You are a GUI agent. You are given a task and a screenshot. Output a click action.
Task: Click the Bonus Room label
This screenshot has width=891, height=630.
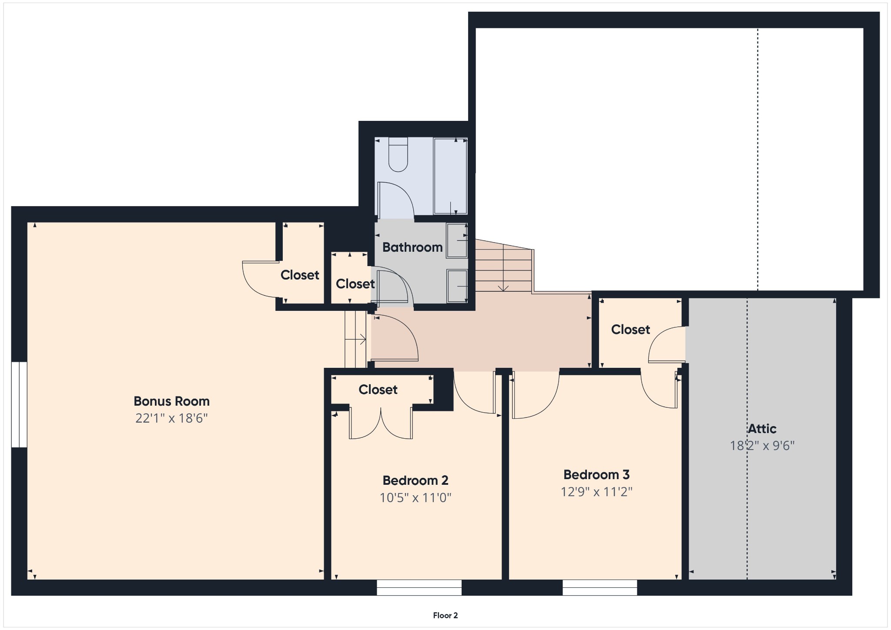tap(171, 401)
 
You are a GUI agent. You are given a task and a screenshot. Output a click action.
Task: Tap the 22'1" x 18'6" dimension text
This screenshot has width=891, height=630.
tap(171, 418)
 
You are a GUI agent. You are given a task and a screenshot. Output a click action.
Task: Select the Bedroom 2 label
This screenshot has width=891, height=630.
tap(415, 480)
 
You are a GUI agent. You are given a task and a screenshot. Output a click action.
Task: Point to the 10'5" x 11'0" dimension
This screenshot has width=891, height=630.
tap(415, 497)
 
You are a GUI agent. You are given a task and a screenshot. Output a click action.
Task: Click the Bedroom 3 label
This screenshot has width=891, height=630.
tap(596, 474)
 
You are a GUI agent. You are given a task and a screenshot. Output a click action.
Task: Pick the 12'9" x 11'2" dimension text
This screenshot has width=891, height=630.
tap(596, 492)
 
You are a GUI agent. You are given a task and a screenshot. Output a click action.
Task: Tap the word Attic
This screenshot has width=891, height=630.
tap(762, 429)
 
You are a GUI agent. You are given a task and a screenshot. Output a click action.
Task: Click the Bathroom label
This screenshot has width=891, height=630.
tap(412, 247)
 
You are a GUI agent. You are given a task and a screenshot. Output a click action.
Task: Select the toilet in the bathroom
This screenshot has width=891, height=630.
tap(398, 154)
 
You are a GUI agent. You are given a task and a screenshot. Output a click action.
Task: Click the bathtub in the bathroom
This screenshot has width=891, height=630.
tap(450, 176)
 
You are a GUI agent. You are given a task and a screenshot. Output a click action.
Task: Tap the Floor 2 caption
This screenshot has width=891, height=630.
tap(445, 615)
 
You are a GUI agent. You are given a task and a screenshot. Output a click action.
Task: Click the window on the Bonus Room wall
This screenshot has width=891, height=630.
tap(19, 404)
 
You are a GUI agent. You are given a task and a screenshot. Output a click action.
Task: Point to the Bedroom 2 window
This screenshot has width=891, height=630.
tap(419, 587)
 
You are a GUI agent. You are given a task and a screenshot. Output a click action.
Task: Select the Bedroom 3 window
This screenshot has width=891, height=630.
tap(600, 587)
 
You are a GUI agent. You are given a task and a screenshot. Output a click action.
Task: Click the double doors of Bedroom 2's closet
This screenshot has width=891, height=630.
tap(381, 423)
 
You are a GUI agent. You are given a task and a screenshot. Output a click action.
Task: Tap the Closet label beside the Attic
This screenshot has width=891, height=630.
tap(630, 330)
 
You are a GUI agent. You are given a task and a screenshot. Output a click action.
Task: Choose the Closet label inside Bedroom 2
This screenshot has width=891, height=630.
tap(378, 390)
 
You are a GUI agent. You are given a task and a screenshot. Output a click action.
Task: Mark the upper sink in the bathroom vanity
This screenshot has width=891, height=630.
tap(457, 240)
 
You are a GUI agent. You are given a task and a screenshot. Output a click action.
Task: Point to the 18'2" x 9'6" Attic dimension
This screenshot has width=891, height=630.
tap(762, 446)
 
